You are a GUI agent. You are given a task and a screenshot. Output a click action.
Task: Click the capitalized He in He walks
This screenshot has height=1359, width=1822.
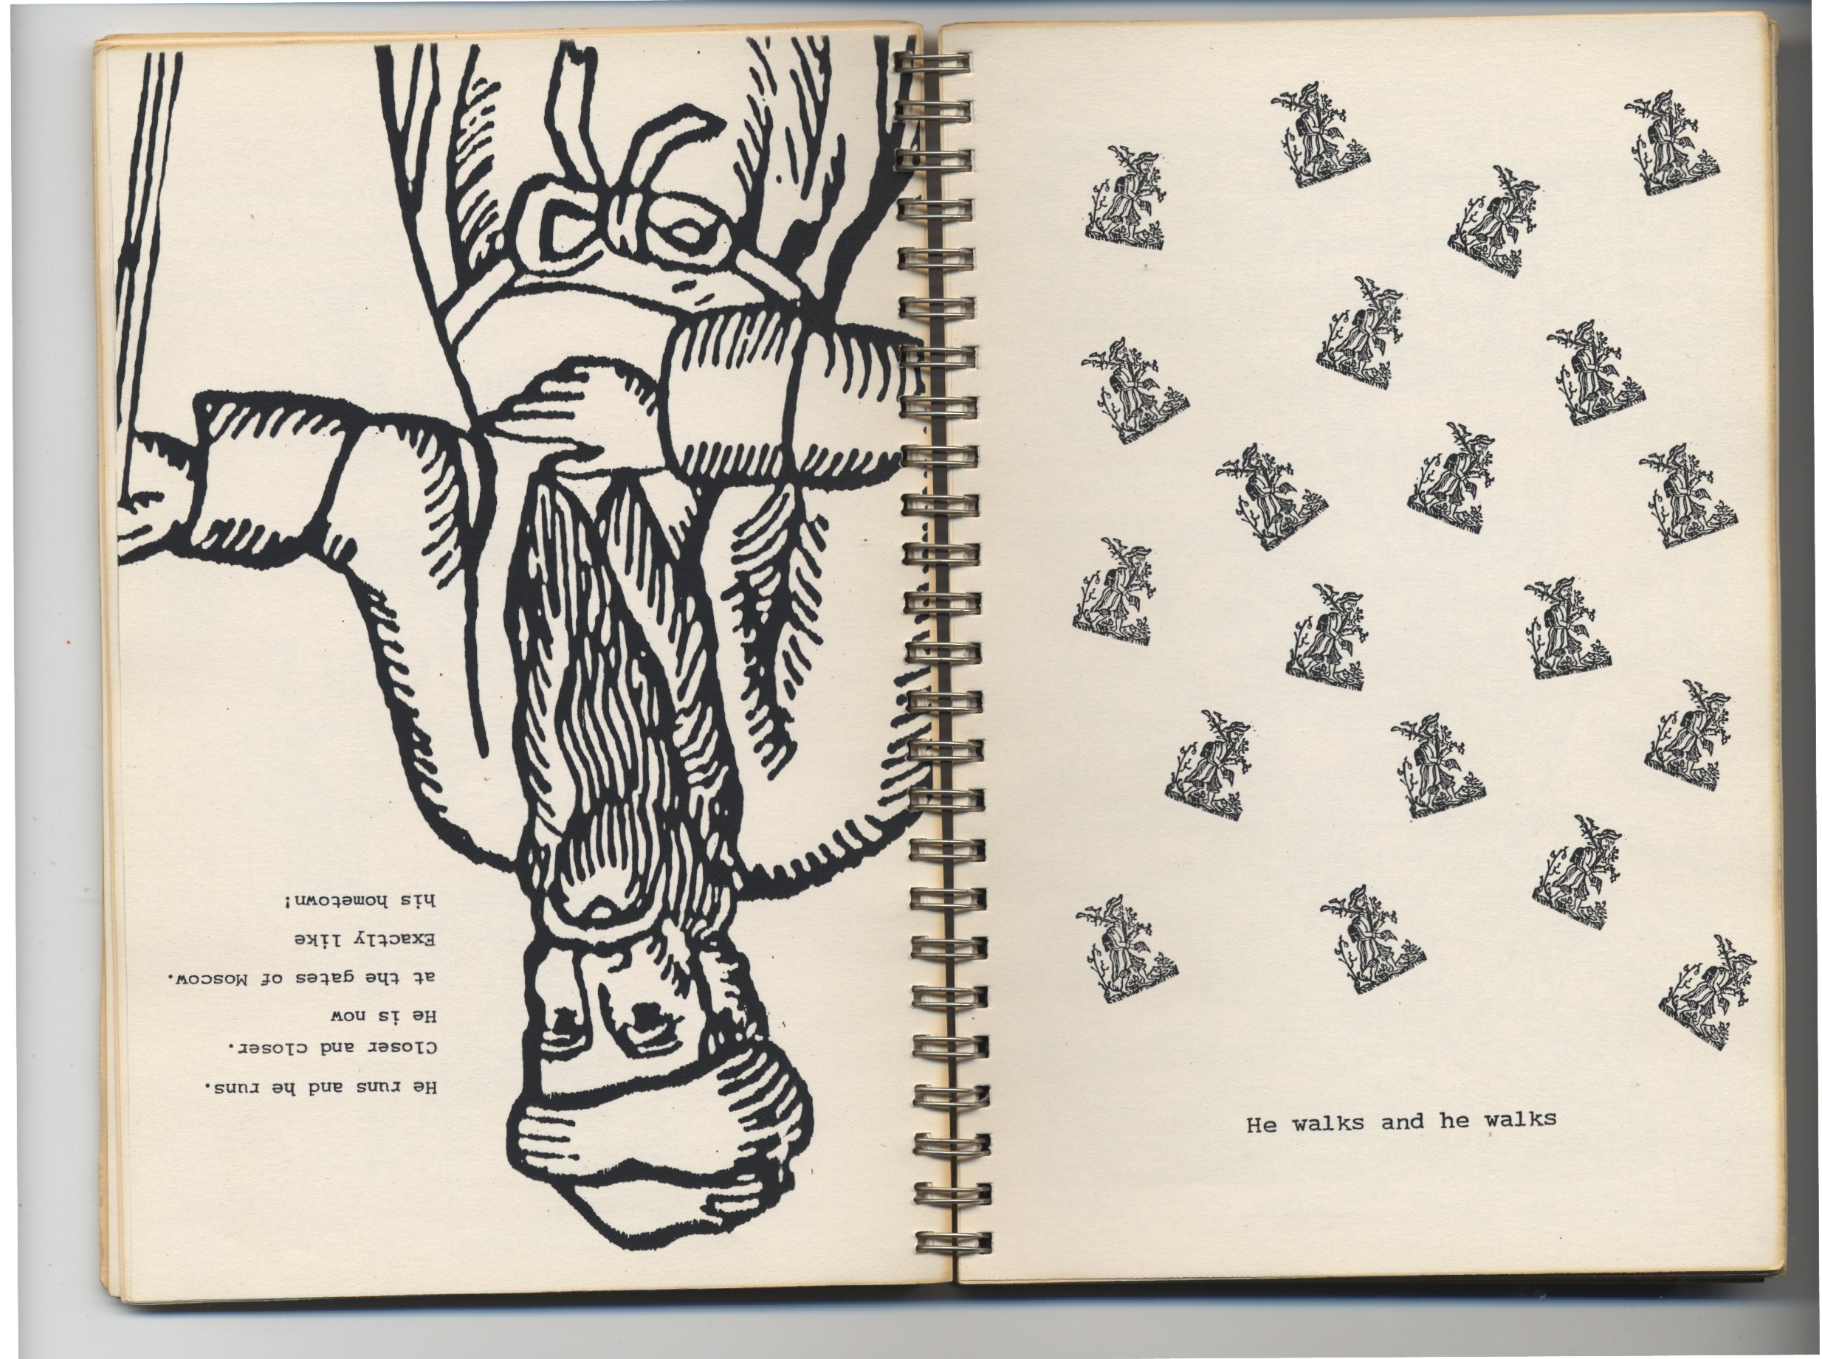pos(1261,1124)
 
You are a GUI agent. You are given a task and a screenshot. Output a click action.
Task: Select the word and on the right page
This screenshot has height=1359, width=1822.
pos(1402,1122)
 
